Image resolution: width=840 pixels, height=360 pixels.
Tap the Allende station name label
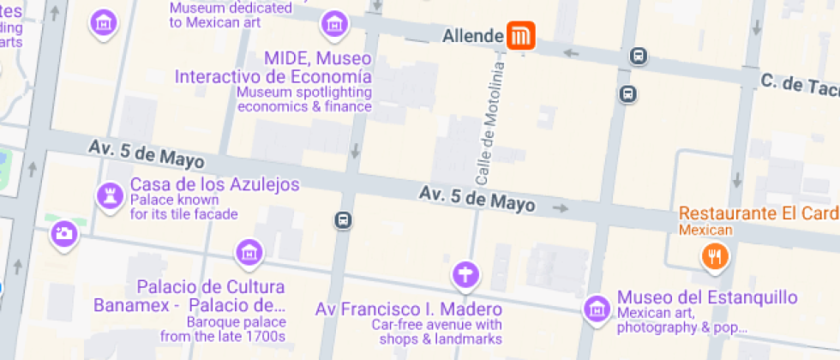(x=472, y=36)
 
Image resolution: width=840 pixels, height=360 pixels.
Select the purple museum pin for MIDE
(x=333, y=23)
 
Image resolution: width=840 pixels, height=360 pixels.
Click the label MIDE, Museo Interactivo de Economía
(x=274, y=68)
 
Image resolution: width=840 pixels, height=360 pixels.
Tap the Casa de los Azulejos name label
(x=214, y=184)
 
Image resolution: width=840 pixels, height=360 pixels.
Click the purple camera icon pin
(x=63, y=233)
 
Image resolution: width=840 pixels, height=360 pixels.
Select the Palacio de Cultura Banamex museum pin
(x=249, y=252)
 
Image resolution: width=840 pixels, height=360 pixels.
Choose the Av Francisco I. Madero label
(x=408, y=309)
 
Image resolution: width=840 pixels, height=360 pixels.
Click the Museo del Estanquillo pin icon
(x=597, y=309)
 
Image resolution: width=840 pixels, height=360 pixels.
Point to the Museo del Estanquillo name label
(x=707, y=297)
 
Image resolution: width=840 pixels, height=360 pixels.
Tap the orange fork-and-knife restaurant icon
(x=714, y=255)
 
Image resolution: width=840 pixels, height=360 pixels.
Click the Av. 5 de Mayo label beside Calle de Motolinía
(x=477, y=199)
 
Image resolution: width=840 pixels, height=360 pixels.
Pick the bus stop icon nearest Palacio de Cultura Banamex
(x=343, y=220)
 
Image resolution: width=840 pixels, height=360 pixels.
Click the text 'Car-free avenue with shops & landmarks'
(x=436, y=333)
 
